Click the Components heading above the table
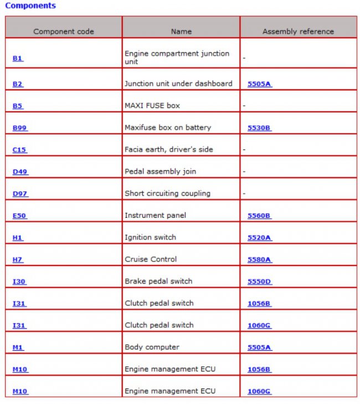[30, 6]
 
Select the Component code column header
[63, 32]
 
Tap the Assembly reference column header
[298, 32]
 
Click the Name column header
[181, 32]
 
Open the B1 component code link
[18, 58]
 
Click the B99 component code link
[20, 128]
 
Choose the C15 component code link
[19, 150]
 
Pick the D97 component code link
[20, 194]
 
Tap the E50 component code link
[19, 216]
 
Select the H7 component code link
[18, 259]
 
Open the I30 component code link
[19, 282]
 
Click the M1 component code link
[18, 347]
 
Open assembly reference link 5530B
[259, 128]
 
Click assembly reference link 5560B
[259, 216]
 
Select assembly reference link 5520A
[259, 238]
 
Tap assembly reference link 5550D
[259, 282]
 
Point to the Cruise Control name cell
[151, 259]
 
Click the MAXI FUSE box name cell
[152, 106]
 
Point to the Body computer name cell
[152, 347]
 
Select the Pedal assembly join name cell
[160, 172]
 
